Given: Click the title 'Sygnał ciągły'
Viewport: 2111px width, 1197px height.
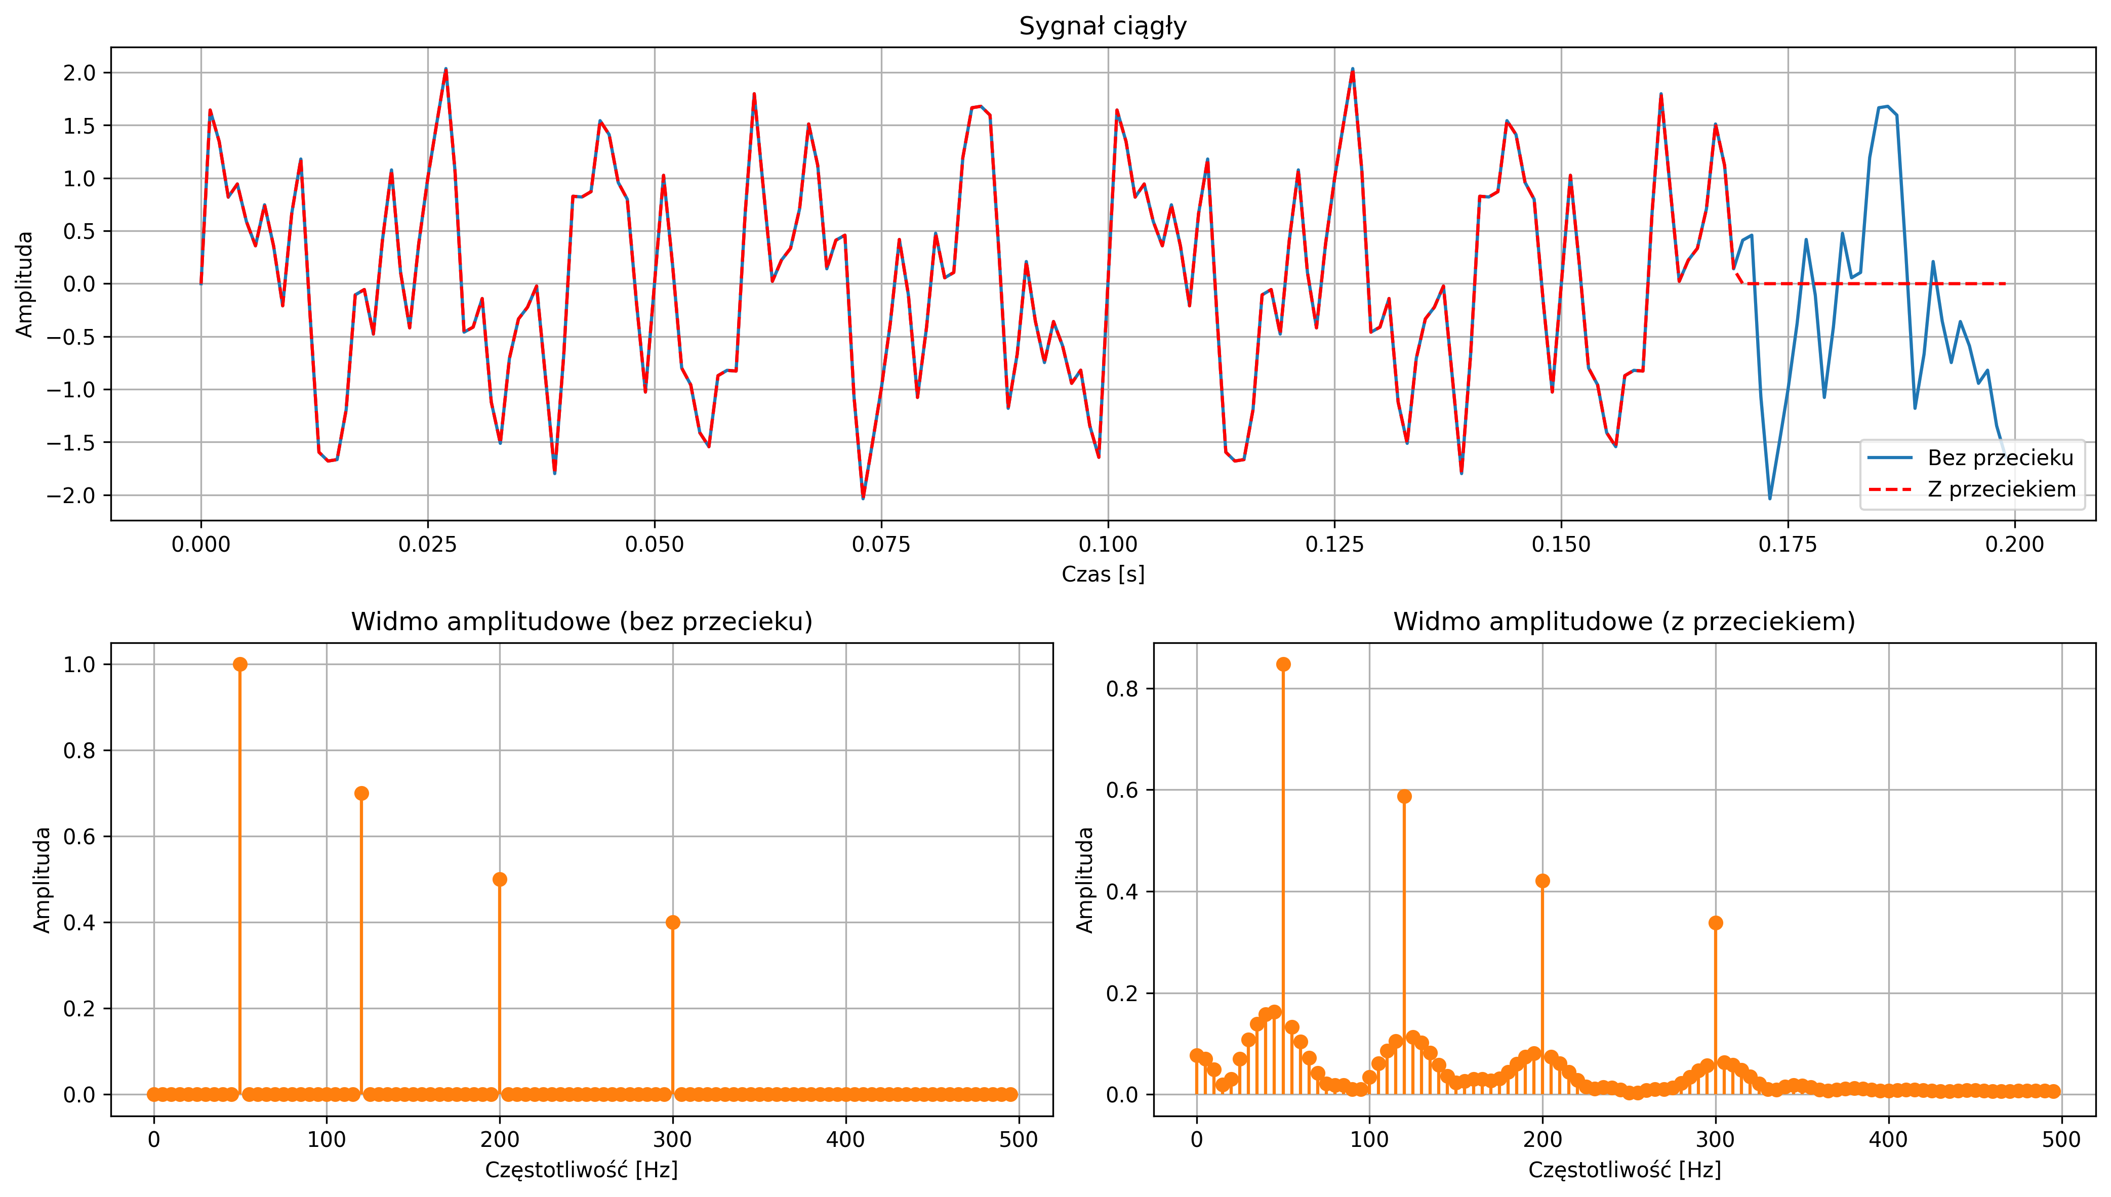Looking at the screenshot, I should click(x=1103, y=26).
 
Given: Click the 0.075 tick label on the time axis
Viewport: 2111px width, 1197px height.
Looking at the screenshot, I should click(x=881, y=544).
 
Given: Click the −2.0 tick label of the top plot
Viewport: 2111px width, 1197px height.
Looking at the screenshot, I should click(x=71, y=496).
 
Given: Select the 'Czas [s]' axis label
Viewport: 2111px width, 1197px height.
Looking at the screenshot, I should click(x=1103, y=574).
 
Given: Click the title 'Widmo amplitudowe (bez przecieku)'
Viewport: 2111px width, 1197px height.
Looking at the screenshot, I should click(x=581, y=622).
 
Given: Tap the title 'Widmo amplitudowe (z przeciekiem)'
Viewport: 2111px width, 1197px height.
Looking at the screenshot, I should click(x=1623, y=622).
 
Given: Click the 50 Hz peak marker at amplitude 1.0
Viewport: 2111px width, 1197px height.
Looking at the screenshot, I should click(x=240, y=664).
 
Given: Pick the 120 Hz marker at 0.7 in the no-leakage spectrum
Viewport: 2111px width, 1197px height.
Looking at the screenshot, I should click(x=361, y=793).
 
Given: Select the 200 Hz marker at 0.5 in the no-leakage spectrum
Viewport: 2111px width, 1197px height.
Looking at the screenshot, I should click(x=500, y=880).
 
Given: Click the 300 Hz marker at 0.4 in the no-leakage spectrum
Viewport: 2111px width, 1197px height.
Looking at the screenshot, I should click(x=672, y=922).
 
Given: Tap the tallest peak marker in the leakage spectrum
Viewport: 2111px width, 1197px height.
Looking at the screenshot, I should click(x=1283, y=664).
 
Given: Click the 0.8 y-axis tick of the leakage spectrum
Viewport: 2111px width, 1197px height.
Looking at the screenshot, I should click(x=1122, y=689).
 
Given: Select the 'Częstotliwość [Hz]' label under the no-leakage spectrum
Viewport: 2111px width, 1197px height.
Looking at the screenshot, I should click(x=581, y=1170).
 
